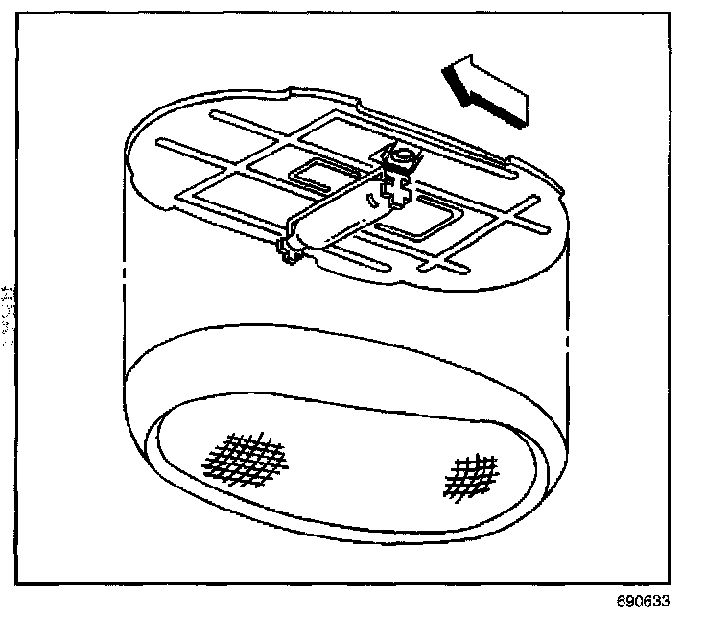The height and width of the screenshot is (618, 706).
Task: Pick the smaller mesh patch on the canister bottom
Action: coord(470,474)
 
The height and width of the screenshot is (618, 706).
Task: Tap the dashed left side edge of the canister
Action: coord(127,288)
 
